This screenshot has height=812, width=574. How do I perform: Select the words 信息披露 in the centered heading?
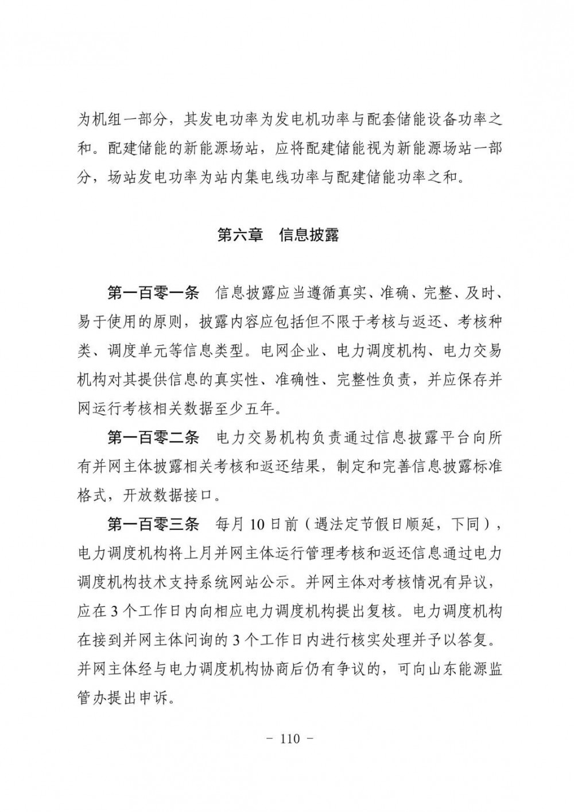tap(309, 235)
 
